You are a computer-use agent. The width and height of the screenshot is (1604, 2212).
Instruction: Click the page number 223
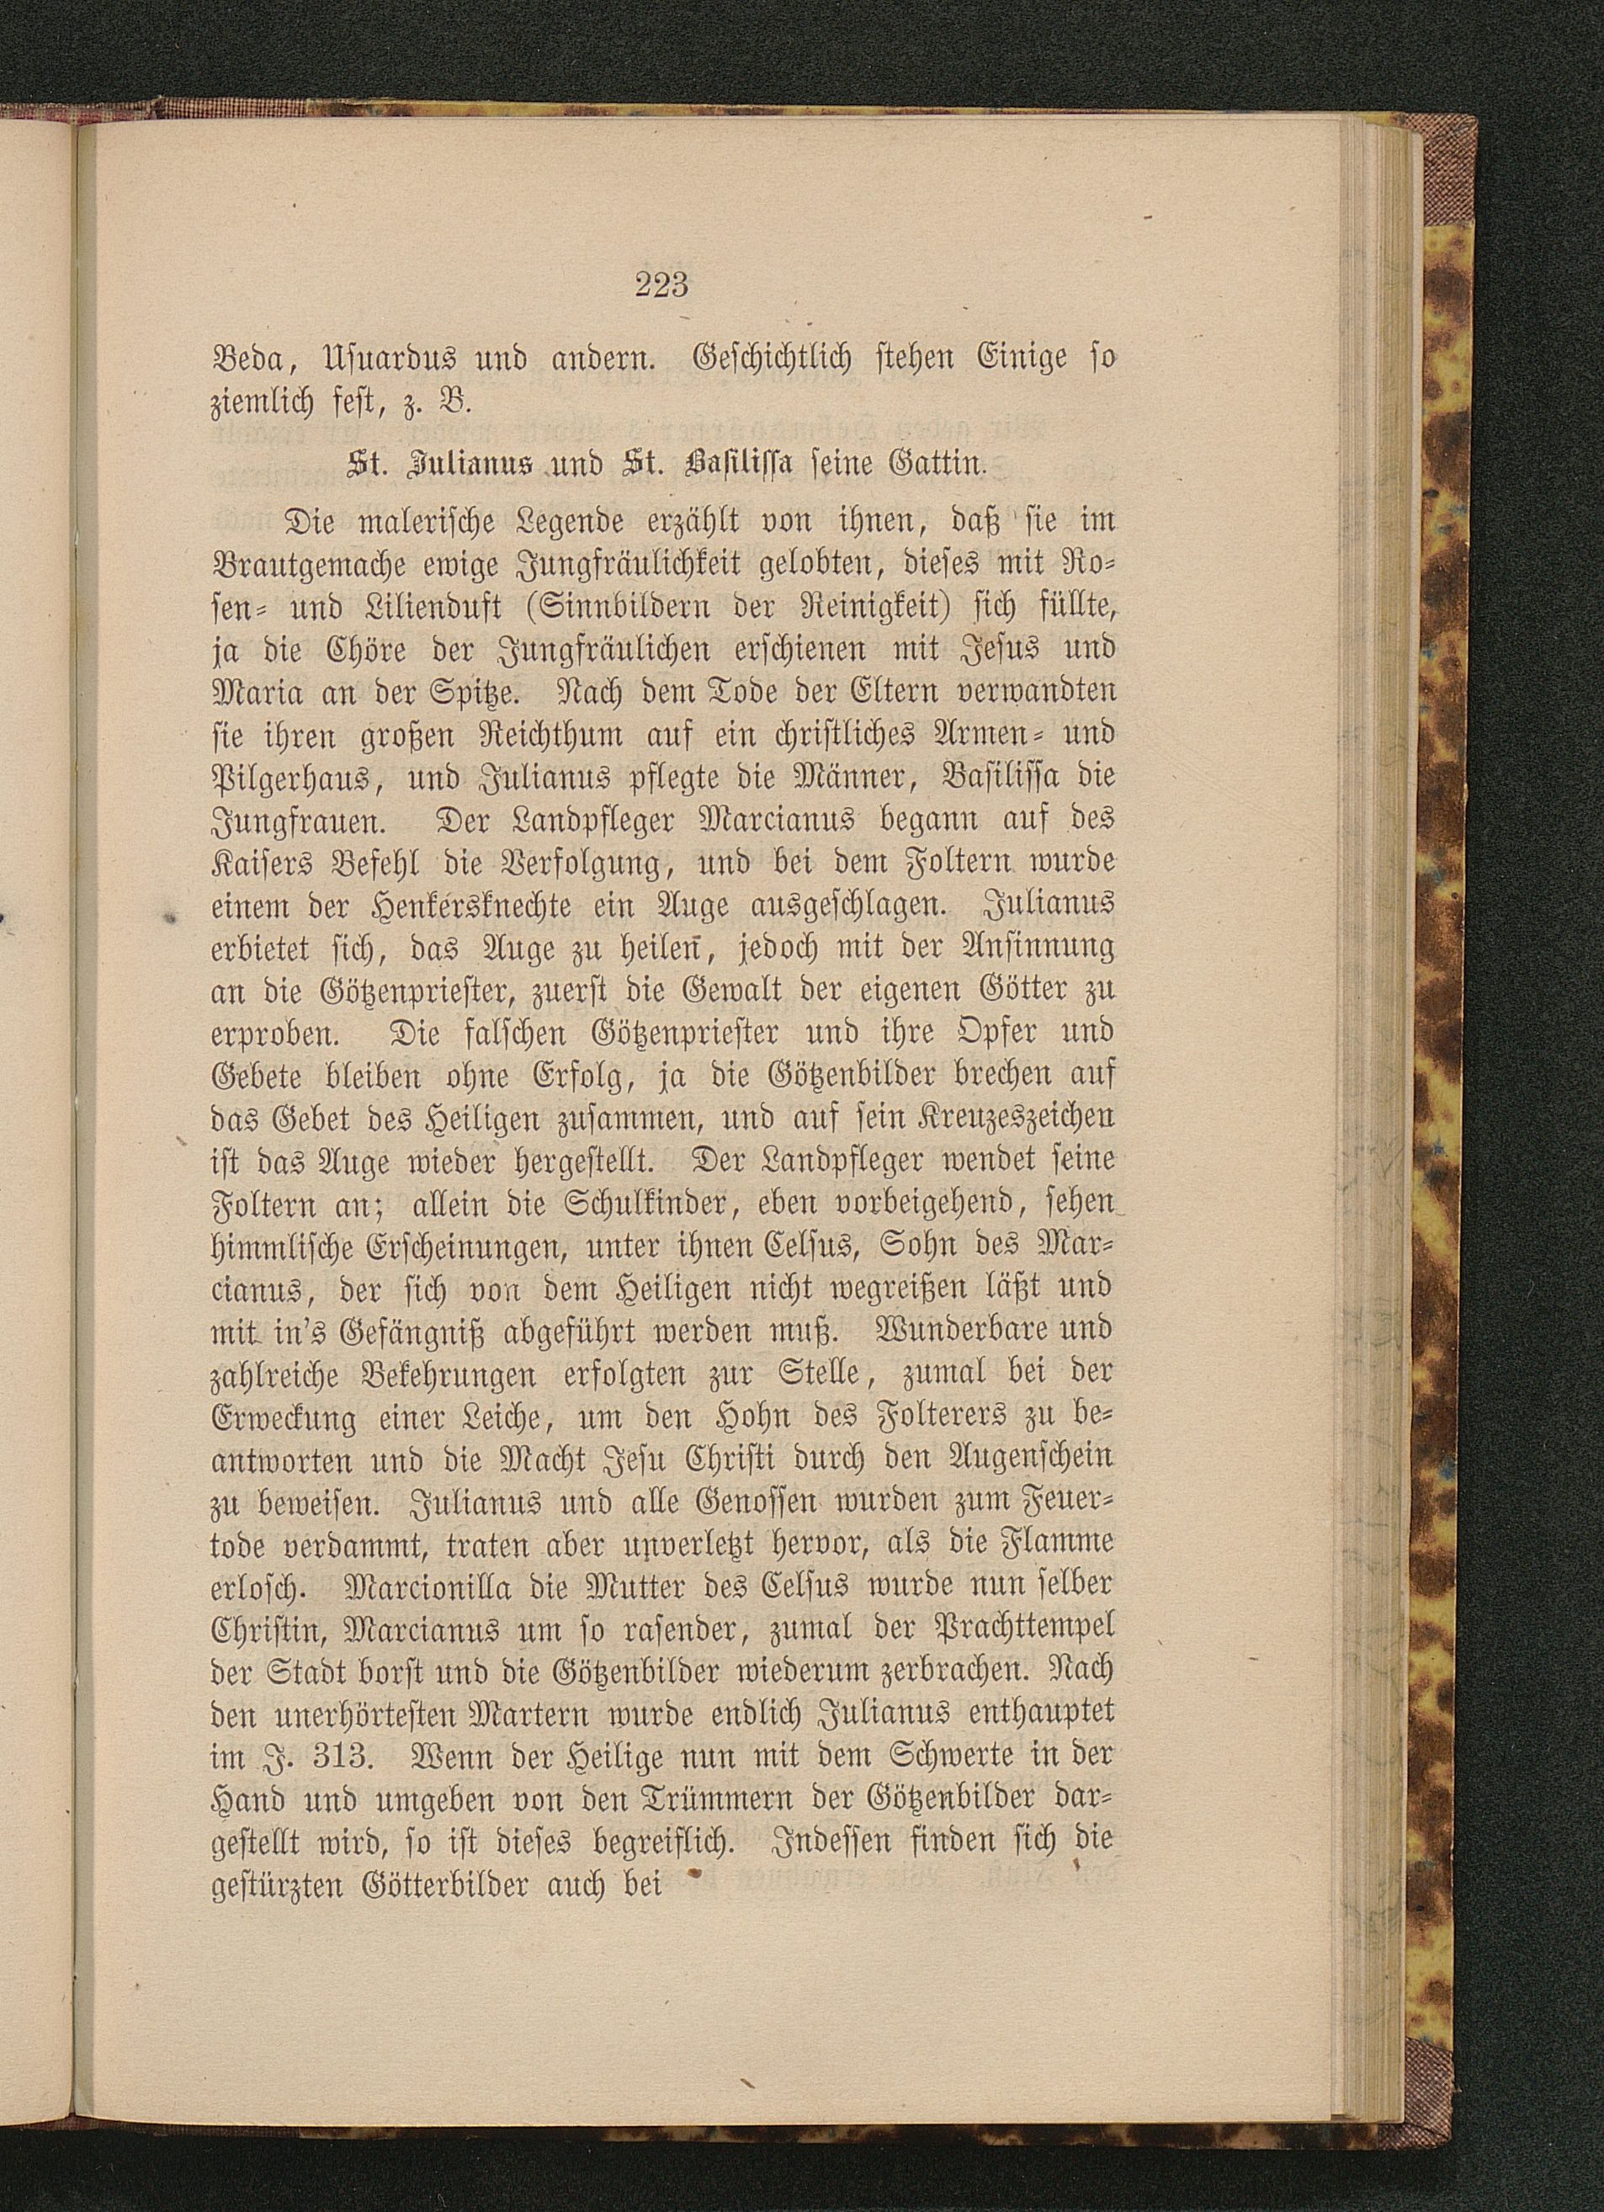(x=662, y=286)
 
